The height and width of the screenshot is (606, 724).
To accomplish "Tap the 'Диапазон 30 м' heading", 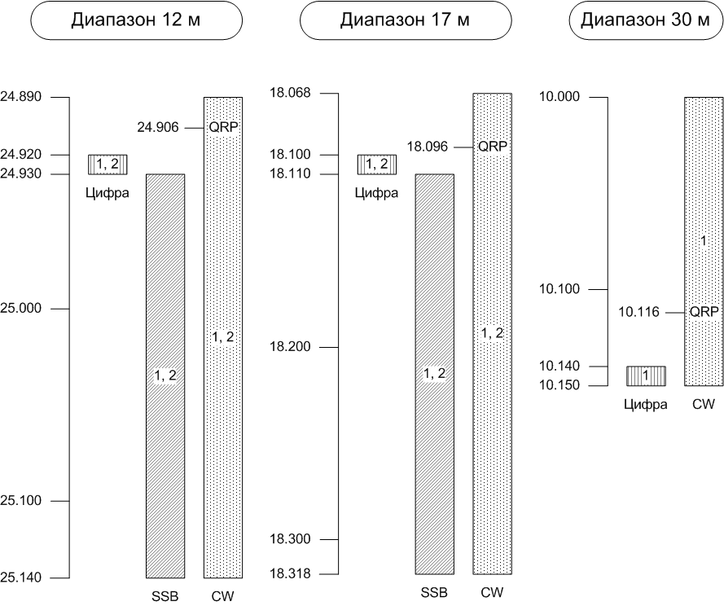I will click(x=646, y=20).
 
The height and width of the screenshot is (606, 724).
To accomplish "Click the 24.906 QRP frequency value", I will click(x=158, y=127).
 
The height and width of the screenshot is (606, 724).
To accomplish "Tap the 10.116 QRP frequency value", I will click(x=639, y=311).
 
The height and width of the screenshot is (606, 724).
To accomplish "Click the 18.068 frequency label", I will click(x=290, y=93).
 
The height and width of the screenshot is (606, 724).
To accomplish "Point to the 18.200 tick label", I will click(x=290, y=348).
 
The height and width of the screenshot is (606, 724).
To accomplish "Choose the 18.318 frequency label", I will click(x=290, y=574).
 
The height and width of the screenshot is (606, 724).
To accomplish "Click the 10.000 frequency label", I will click(x=559, y=97).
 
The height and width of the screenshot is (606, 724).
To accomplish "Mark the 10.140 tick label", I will click(x=559, y=367).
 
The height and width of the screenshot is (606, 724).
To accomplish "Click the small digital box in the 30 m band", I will click(x=646, y=375).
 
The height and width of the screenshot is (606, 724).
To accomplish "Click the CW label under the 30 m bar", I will click(x=704, y=404).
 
